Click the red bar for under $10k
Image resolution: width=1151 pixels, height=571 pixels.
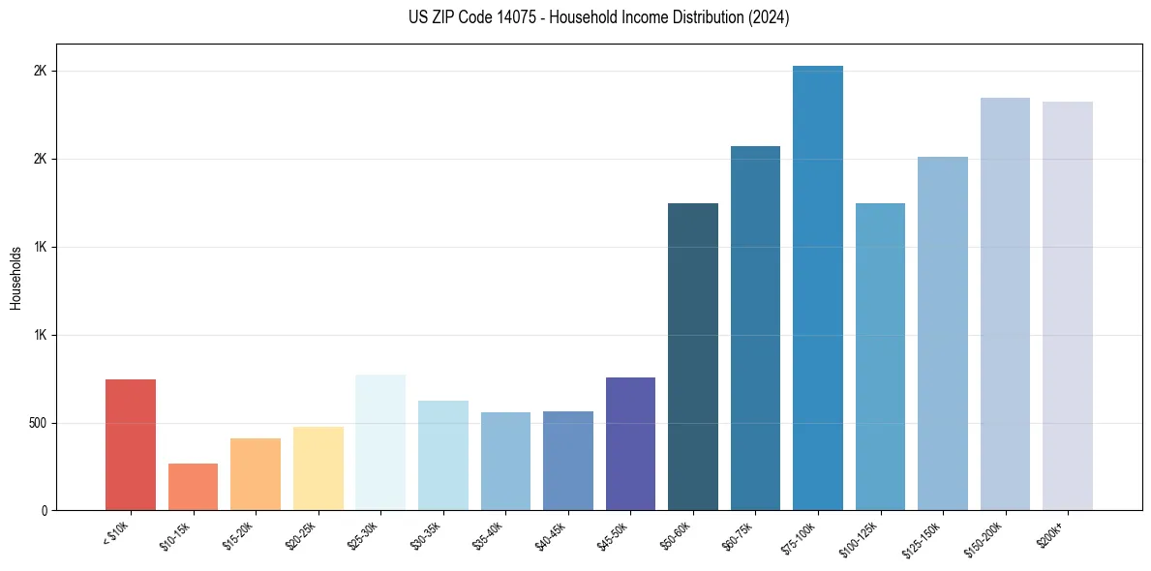[131, 444]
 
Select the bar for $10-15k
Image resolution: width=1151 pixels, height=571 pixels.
[193, 487]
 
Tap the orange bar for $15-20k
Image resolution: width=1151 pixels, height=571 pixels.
[256, 474]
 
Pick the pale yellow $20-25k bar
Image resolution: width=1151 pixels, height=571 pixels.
[318, 468]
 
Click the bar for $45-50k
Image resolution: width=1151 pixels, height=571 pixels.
[630, 443]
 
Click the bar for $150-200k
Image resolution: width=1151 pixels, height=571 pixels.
[1005, 304]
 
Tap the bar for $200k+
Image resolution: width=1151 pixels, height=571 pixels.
[1068, 306]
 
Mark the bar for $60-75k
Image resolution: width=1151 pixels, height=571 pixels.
[755, 328]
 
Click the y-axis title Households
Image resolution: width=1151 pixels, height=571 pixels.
[15, 278]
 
